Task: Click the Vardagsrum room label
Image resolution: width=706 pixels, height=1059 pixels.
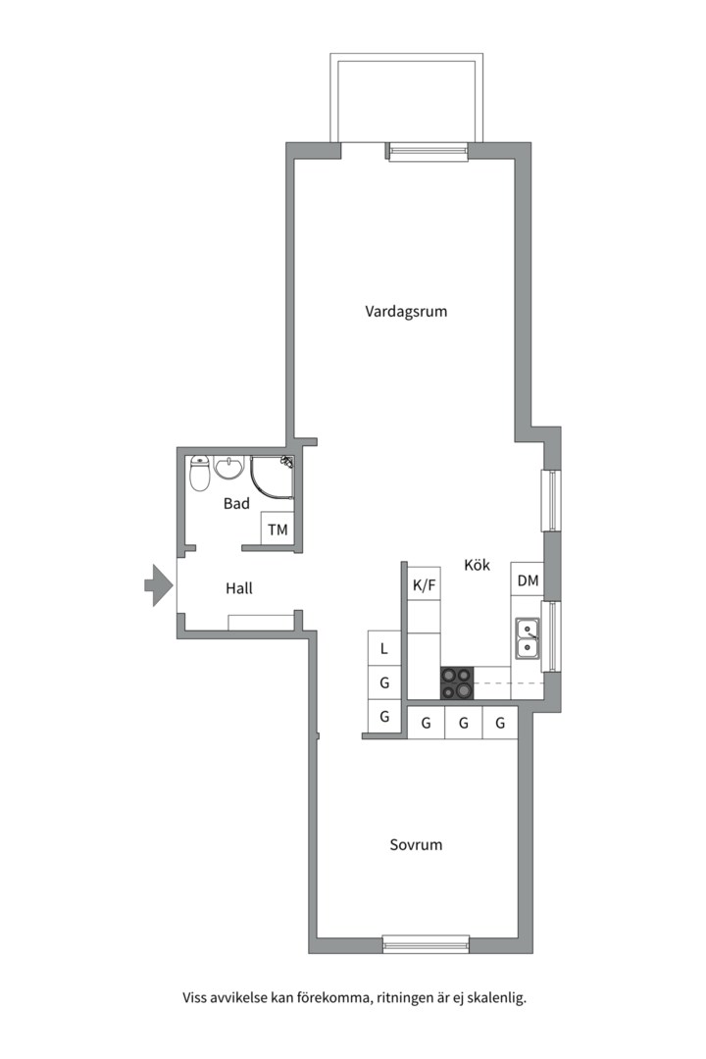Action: (406, 312)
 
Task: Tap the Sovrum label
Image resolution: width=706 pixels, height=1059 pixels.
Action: (416, 844)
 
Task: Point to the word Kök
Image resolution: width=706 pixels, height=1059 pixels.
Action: (478, 566)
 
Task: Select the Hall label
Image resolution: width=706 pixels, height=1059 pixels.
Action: (239, 588)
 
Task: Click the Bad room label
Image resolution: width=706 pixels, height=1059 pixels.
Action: (236, 504)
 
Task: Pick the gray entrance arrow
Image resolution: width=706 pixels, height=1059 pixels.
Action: (158, 585)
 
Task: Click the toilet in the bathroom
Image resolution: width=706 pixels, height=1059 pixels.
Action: (200, 475)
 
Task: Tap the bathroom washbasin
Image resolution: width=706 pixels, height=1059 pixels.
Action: (229, 468)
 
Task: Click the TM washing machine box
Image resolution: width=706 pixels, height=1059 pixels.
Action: (278, 529)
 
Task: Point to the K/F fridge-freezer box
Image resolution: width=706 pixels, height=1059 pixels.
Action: (424, 585)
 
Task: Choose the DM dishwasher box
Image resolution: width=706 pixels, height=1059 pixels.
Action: (528, 580)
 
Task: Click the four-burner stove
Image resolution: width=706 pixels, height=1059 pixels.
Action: (457, 682)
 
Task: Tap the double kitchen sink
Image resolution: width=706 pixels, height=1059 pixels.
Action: (527, 637)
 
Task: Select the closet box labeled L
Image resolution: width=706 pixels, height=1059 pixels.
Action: (384, 647)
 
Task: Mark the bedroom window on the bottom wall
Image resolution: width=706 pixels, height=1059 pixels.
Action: (426, 944)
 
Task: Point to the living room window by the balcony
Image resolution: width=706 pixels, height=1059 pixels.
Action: (428, 151)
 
